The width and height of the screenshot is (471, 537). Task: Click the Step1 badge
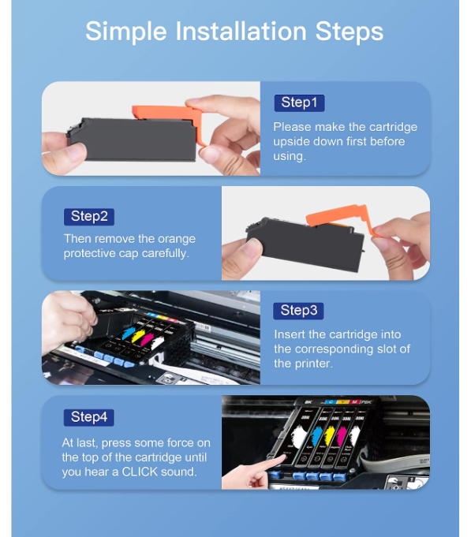[x=298, y=103]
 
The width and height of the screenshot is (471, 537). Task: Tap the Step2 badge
[x=89, y=216]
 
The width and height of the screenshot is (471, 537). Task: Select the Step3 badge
[x=298, y=311]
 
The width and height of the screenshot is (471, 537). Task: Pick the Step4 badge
[x=89, y=416]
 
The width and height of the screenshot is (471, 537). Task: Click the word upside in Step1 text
[x=293, y=141]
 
